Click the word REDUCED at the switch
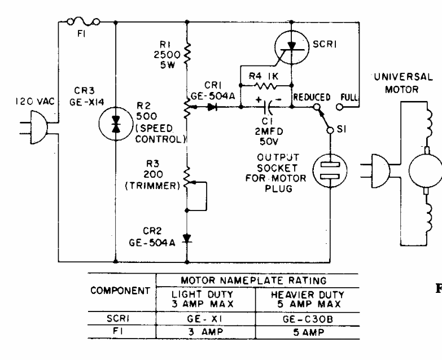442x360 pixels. click(x=310, y=97)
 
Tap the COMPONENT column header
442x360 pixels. click(x=120, y=292)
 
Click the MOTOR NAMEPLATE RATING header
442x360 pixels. click(x=257, y=279)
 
